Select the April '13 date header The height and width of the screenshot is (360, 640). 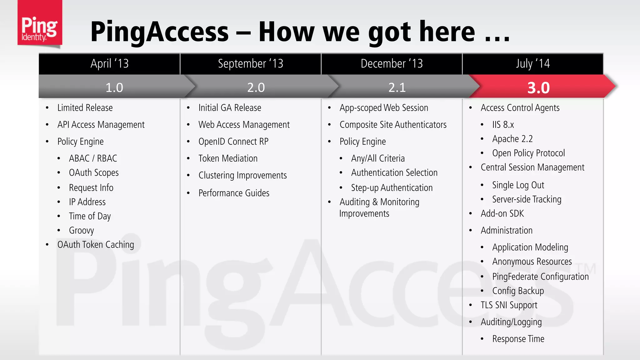tap(109, 64)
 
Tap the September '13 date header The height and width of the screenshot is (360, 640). tap(250, 64)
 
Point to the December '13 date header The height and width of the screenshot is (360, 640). tap(392, 64)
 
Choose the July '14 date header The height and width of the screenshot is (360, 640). tap(532, 64)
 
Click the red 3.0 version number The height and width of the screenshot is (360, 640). tap(538, 87)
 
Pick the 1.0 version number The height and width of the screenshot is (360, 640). tap(114, 87)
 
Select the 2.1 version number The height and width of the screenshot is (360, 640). tap(397, 87)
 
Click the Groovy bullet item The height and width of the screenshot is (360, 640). tap(81, 231)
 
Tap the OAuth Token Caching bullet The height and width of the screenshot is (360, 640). tap(96, 245)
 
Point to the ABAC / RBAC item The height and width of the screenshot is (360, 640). tap(93, 158)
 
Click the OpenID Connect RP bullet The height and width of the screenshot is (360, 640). tap(233, 142)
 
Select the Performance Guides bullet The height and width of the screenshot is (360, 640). tap(234, 193)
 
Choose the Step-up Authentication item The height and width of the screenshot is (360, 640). tap(392, 188)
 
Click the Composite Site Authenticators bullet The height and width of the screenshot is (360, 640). tap(393, 125)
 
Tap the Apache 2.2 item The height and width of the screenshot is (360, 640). tap(512, 139)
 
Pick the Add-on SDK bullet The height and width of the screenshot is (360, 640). tap(502, 214)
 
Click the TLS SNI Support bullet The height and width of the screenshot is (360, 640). tap(509, 305)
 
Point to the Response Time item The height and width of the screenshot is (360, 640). tap(518, 339)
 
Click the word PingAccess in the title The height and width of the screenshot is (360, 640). tap(159, 32)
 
